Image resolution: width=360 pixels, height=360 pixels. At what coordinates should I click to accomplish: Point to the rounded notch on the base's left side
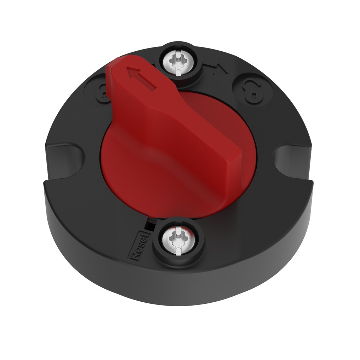tap(65, 155)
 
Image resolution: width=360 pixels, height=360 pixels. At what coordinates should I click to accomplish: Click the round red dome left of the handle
tap(130, 165)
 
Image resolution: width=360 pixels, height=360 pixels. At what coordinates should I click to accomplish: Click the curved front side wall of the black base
tap(176, 288)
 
